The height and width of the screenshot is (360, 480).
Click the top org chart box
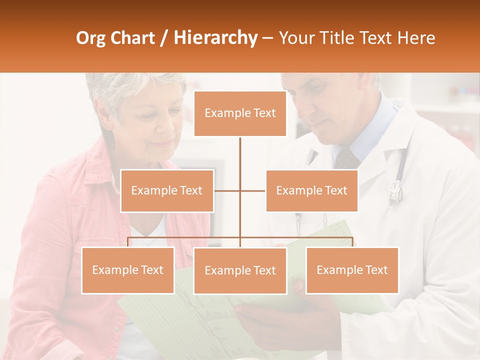point(240,113)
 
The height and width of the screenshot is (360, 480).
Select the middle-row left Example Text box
point(167,190)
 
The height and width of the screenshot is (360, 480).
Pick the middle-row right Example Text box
point(311,190)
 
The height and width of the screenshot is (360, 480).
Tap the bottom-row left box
point(128,270)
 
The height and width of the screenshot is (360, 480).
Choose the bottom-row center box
point(240,270)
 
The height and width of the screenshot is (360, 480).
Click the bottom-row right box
point(352,270)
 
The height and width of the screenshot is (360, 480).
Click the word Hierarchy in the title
point(215,38)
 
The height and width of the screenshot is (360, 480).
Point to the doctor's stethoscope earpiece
point(395,191)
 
